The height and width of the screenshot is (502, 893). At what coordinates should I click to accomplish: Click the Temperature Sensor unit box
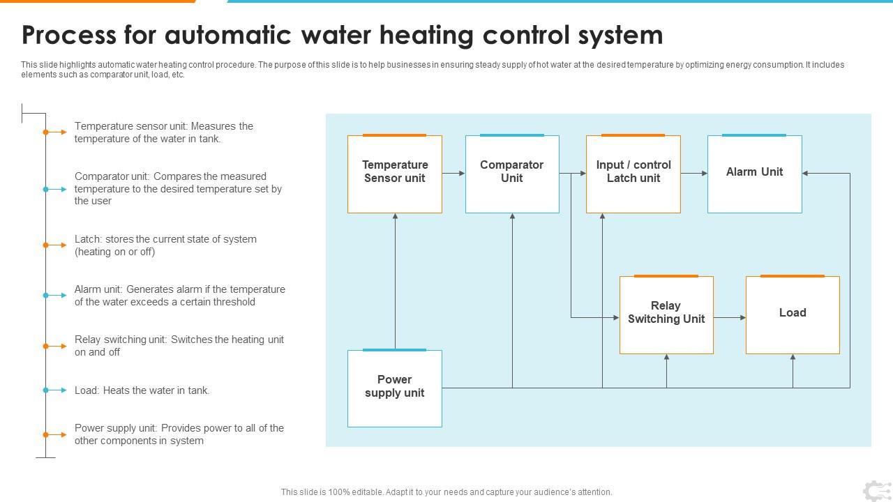coord(395,174)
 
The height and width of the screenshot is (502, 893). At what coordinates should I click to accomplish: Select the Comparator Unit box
coord(512,174)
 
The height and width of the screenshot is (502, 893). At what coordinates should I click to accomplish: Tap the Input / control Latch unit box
coord(633,174)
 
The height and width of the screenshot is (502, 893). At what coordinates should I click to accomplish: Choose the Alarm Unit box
coord(754,174)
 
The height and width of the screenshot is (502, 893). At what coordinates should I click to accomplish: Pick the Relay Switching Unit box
coord(666,315)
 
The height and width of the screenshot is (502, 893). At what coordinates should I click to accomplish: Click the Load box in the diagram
coord(793,315)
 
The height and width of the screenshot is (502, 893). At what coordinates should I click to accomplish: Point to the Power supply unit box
coord(395,388)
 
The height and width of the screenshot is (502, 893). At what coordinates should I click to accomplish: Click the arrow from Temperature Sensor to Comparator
coord(453,173)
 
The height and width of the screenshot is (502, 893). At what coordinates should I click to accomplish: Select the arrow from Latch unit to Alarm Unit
coord(694,173)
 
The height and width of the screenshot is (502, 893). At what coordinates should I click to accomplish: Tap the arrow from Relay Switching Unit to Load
coord(730,318)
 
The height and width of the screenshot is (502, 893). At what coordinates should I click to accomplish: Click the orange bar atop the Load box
coord(793,276)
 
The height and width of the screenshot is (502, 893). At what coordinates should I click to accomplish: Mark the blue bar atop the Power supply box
coord(395,350)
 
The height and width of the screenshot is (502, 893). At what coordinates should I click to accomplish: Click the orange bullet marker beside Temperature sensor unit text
coord(46,132)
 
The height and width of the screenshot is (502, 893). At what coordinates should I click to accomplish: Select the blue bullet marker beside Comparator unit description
coord(46,189)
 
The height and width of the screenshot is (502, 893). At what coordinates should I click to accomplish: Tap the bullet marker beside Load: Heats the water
coord(46,390)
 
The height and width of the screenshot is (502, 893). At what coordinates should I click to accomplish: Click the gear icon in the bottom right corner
coord(876,491)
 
